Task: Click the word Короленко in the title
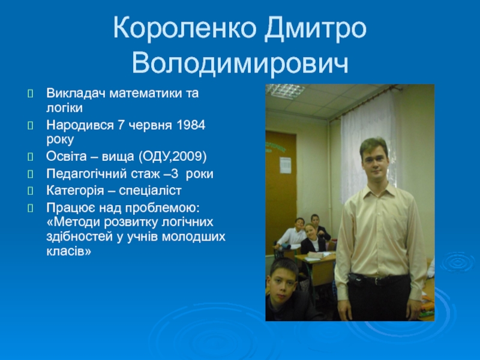click(x=185, y=28)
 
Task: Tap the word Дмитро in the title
click(x=316, y=28)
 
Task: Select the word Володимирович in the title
click(x=240, y=64)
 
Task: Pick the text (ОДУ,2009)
click(x=172, y=157)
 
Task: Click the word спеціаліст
click(x=150, y=191)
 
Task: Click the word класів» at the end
click(x=69, y=251)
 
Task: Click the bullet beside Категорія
click(x=31, y=191)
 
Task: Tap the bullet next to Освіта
click(x=31, y=157)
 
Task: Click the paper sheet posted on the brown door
click(x=286, y=166)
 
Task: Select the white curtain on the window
click(x=367, y=147)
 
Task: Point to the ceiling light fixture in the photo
click(x=286, y=90)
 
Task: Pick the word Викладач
click(x=76, y=93)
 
